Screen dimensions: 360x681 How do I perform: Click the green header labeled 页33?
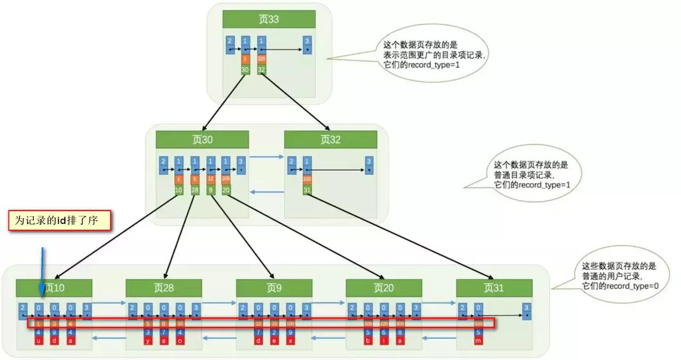[269, 20]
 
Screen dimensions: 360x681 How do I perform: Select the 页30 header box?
[202, 140]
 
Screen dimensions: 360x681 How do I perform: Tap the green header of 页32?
[330, 140]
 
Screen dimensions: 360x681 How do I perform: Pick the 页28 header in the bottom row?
[164, 288]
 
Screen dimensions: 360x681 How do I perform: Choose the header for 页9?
[274, 288]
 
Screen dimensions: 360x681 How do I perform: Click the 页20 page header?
[384, 288]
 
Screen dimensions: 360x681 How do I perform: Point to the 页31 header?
[494, 288]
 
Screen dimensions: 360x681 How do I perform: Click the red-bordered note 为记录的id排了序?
[60, 220]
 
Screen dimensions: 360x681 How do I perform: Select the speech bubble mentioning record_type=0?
[619, 275]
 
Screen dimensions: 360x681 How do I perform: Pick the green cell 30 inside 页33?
[245, 69]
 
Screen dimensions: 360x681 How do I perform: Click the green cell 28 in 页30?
[195, 190]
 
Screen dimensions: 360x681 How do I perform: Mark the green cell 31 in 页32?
[307, 190]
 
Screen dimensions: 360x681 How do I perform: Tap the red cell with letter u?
[39, 341]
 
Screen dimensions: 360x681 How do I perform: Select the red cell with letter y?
[148, 341]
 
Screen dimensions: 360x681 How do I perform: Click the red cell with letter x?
[290, 341]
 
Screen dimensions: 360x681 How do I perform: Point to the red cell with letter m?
[478, 341]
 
